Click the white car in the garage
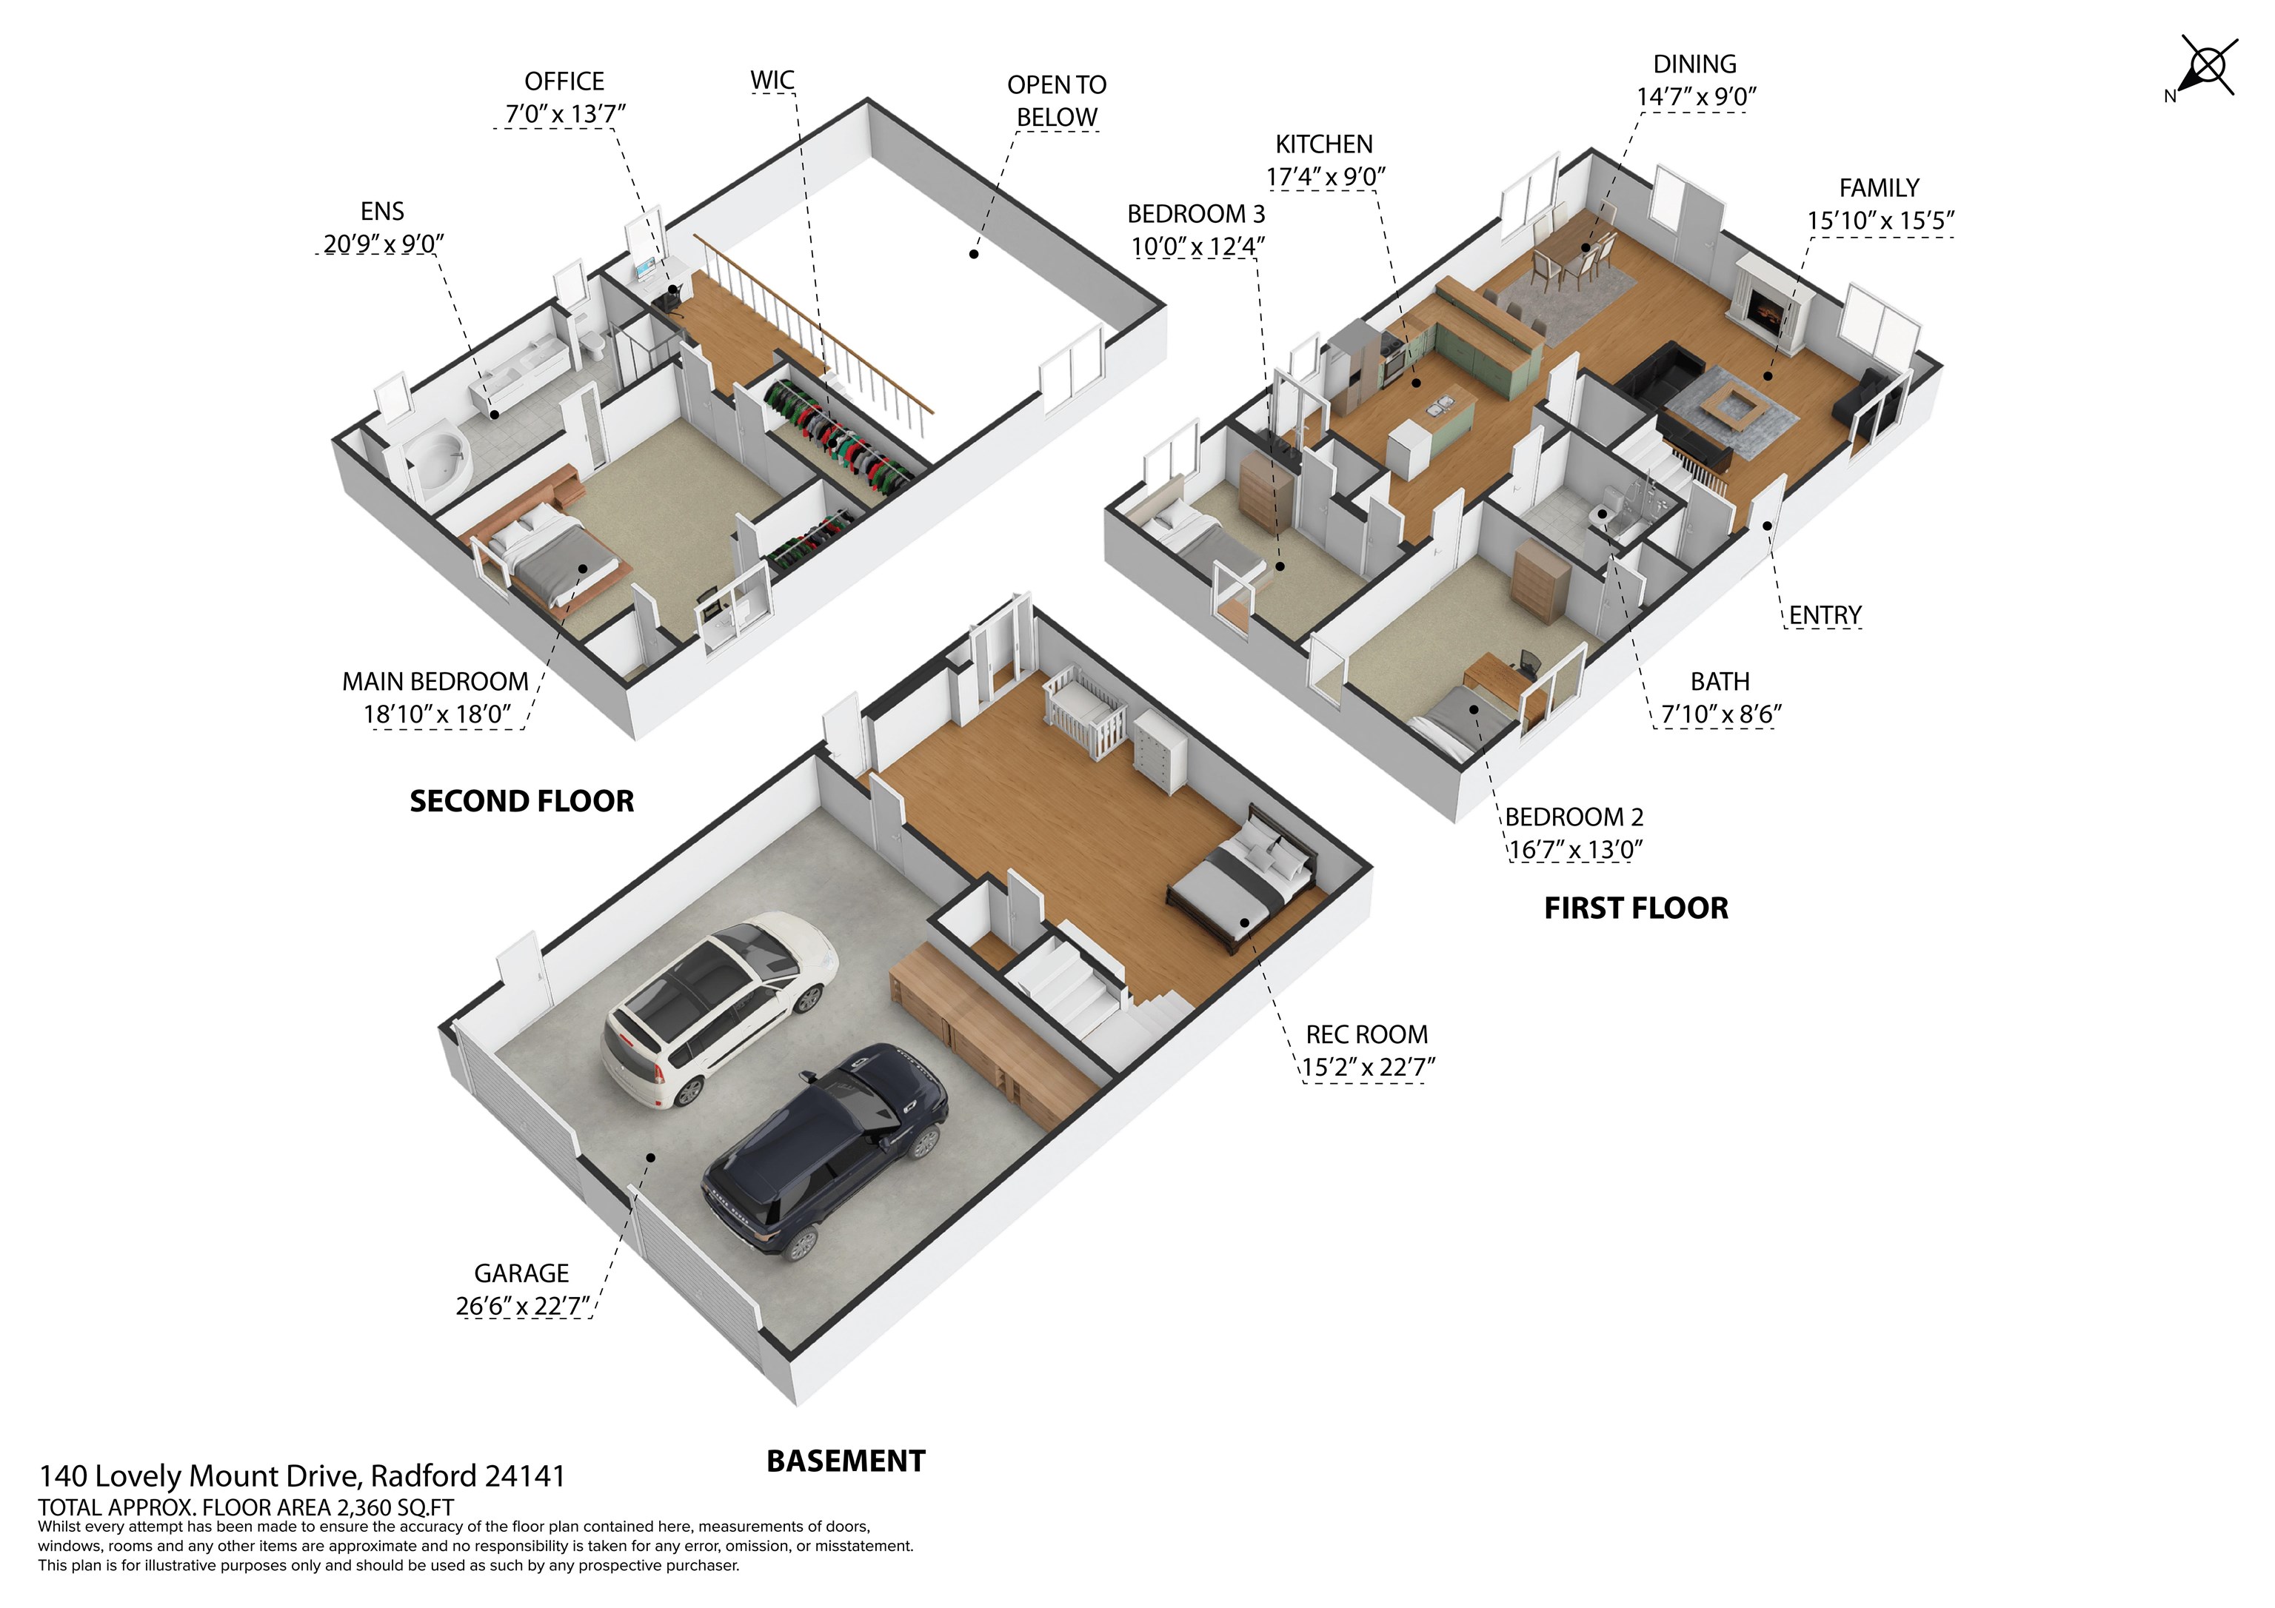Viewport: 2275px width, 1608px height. [718, 1011]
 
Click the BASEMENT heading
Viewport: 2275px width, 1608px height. [845, 1461]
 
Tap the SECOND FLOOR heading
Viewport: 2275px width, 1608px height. [521, 802]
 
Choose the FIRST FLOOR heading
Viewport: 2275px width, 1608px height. [1636, 908]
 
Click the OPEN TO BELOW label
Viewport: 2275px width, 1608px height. [1056, 101]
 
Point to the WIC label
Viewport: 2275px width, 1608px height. [772, 80]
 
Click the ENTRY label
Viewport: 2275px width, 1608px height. [1824, 615]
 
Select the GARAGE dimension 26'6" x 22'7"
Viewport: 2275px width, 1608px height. [523, 1306]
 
